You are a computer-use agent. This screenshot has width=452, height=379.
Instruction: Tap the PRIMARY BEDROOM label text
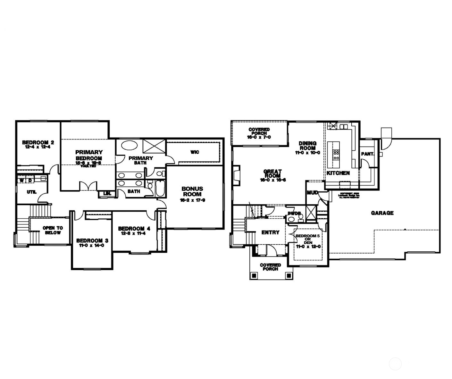click(x=89, y=155)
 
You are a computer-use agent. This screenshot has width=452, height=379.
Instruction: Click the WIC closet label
click(x=195, y=152)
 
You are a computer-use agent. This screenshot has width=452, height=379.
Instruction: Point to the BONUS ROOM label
click(x=192, y=192)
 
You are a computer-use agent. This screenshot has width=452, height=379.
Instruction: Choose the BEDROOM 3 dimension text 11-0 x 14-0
click(x=90, y=245)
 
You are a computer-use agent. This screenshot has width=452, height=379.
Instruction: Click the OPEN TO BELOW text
click(x=53, y=230)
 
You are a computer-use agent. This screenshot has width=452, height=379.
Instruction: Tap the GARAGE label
click(x=382, y=213)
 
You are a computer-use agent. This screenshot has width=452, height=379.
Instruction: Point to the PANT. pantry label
click(x=368, y=154)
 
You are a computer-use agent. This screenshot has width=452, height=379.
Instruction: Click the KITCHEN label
click(x=338, y=173)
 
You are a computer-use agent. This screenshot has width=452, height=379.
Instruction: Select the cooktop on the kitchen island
click(x=336, y=155)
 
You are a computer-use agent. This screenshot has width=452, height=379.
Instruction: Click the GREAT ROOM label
click(x=272, y=174)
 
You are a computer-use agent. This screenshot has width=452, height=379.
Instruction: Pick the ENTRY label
click(x=270, y=232)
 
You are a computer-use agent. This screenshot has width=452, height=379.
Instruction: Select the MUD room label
click(x=312, y=193)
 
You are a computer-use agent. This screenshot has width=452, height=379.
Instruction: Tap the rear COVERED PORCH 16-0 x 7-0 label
click(x=259, y=133)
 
